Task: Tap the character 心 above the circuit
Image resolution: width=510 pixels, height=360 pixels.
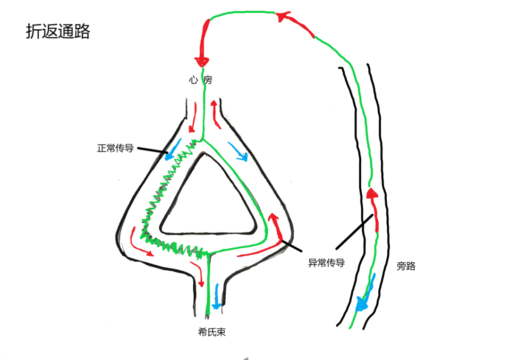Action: pyautogui.click(x=193, y=81)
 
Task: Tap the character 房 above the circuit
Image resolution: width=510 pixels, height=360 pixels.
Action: pyautogui.click(x=208, y=81)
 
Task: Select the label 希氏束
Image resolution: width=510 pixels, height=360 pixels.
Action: pyautogui.click(x=212, y=332)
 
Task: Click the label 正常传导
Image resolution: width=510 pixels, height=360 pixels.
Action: pyautogui.click(x=116, y=148)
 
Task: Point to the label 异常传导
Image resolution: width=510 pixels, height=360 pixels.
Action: pyautogui.click(x=326, y=263)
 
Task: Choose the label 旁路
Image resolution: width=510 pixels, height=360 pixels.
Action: pyautogui.click(x=406, y=266)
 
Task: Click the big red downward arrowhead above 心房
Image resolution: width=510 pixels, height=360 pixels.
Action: pyautogui.click(x=202, y=60)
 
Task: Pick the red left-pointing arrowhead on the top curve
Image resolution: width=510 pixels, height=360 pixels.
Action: pyautogui.click(x=282, y=17)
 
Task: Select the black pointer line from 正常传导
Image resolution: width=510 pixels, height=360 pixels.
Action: pyautogui.click(x=151, y=151)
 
